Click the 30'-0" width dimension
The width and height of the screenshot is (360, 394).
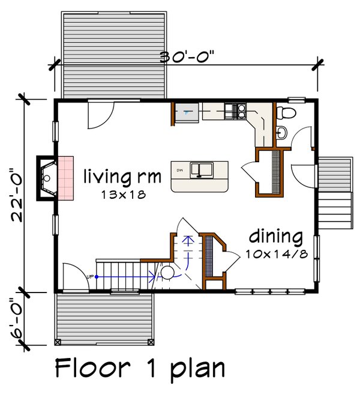pos(187,58)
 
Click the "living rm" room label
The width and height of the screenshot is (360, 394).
pos(122,177)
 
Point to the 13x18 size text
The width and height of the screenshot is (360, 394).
pos(123,195)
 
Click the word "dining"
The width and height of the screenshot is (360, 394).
pos(275,235)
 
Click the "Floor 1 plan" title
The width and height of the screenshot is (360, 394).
pos(140,367)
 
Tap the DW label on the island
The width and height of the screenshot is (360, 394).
pos(179,171)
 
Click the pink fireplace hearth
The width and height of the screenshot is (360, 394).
pos(65,178)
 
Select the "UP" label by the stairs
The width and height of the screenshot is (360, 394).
pos(91,277)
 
